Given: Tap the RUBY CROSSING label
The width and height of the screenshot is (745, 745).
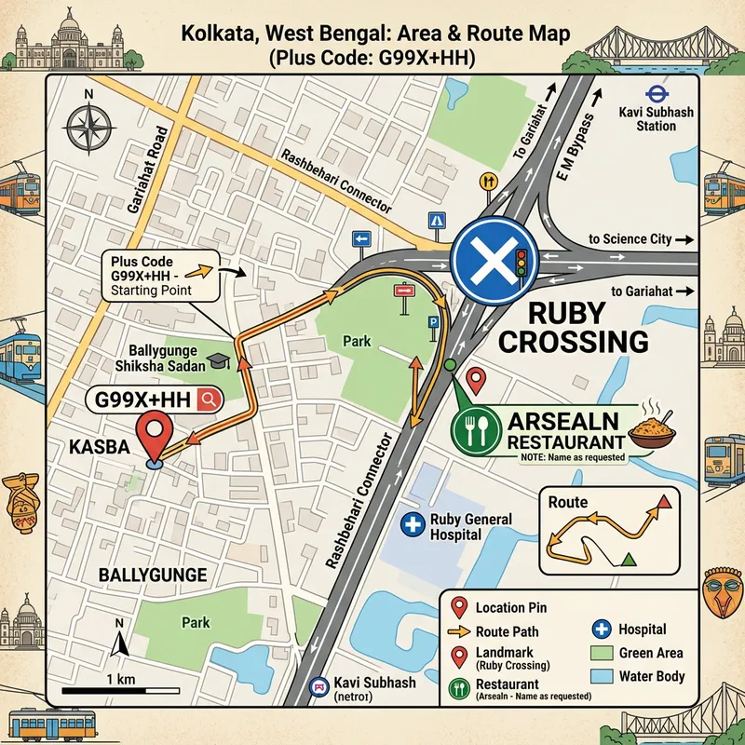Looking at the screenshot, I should pos(574,326).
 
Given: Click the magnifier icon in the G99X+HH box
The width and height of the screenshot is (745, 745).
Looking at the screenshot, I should pos(209,400).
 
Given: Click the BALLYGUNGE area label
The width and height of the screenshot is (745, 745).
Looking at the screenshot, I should pos(152,576).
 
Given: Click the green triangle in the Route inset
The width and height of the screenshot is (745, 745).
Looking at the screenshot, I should pos(629,559).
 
